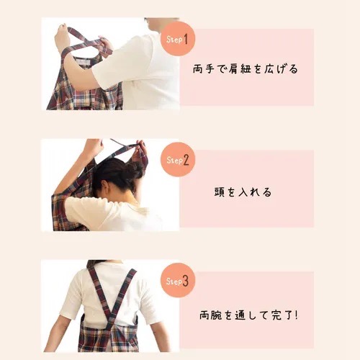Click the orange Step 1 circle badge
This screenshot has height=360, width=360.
[x=176, y=38]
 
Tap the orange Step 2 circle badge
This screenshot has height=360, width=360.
[x=176, y=158]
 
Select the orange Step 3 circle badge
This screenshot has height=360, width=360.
[x=176, y=282]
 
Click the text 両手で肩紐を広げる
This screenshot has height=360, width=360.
[x=246, y=70]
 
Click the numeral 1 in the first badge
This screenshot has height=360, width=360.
[x=185, y=38]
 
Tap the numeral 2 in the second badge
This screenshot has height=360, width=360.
[x=185, y=158]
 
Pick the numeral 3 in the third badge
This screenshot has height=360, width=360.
[x=185, y=282]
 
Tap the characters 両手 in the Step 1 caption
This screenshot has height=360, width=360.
[x=206, y=70]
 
